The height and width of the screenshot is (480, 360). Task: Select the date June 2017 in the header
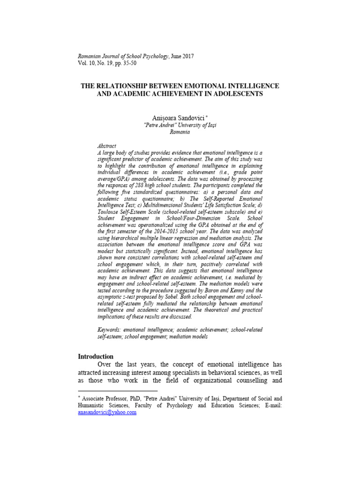[x=183, y=56]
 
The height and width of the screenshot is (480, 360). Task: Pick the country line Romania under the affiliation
[x=180, y=132]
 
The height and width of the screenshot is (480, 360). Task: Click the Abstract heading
[x=107, y=146]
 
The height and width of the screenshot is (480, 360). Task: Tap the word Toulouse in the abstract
[x=109, y=211]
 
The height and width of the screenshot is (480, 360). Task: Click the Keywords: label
[x=111, y=330]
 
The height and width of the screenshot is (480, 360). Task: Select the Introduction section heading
[x=96, y=357]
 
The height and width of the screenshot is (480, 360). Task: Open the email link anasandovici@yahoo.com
[x=107, y=412]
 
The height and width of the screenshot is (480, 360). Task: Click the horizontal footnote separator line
[x=118, y=390]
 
